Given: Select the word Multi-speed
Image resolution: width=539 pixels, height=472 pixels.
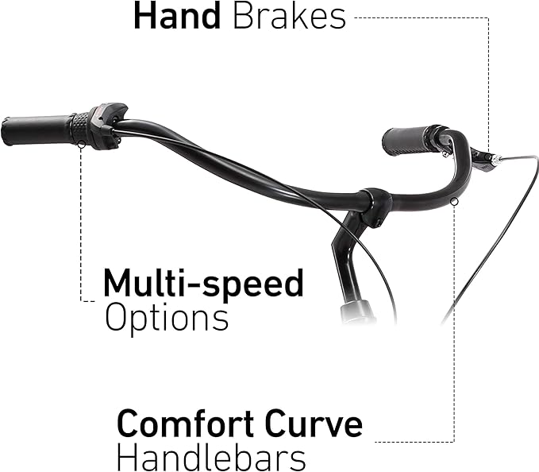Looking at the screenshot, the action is (203, 283).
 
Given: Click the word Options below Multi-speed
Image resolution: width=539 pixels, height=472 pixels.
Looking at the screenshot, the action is (167, 317).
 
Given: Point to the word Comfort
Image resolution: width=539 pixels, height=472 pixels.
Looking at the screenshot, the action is (186, 423).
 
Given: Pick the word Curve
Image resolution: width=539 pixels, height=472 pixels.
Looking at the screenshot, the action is (314, 423).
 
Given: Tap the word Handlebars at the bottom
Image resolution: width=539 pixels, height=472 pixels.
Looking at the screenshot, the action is (211, 457).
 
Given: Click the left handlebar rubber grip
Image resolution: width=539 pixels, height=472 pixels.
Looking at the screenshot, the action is (36, 130).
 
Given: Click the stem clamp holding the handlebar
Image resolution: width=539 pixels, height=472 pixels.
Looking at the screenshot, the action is (375, 207).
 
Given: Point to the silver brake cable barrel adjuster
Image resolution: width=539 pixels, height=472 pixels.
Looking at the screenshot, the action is (495, 160).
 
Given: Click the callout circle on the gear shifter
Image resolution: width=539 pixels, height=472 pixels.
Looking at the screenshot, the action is (82, 145).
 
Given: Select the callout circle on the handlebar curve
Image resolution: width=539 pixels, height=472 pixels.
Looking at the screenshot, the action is (454, 202).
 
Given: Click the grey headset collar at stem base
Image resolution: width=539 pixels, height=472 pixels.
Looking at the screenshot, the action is (357, 311).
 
